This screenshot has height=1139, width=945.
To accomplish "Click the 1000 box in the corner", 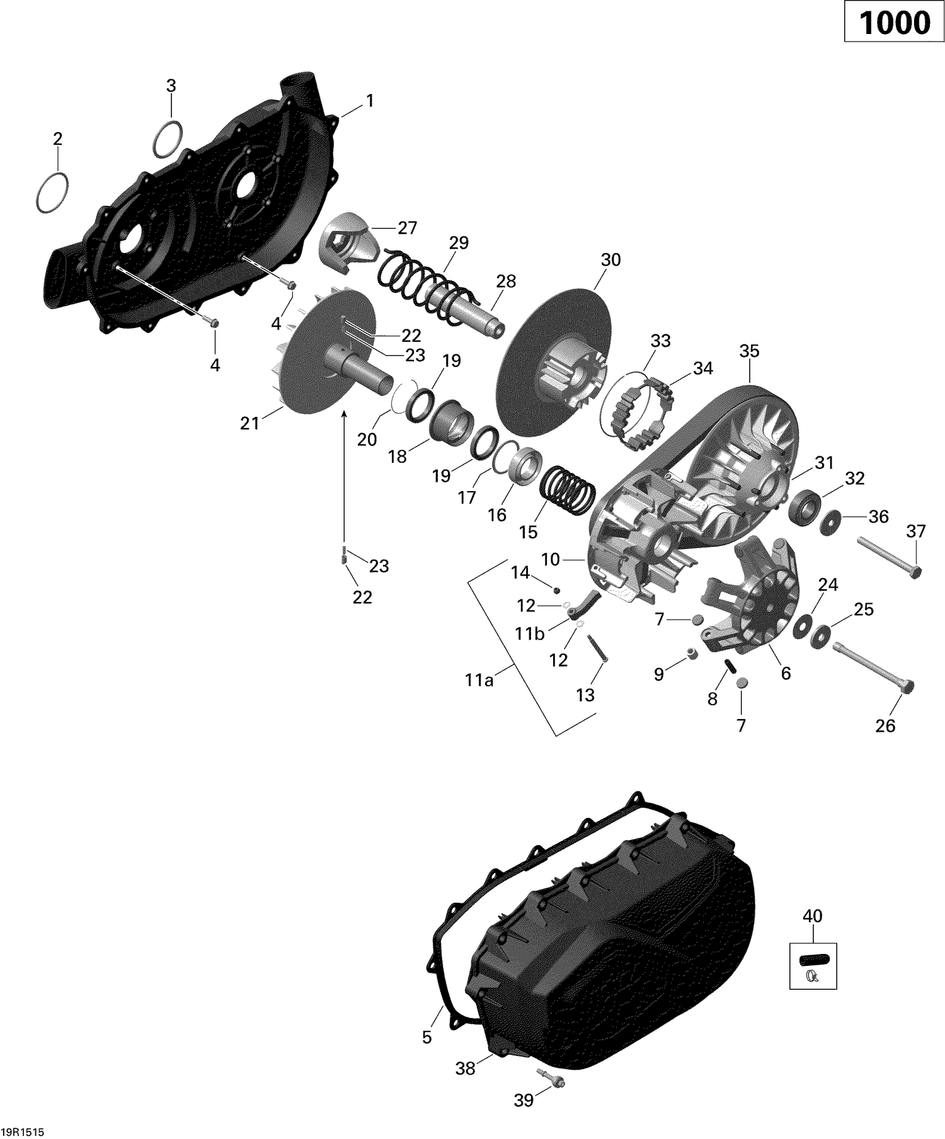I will [x=894, y=23].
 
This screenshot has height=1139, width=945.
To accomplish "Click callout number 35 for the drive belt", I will [x=749, y=351].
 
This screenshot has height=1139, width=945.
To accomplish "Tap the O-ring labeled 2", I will [x=52, y=191].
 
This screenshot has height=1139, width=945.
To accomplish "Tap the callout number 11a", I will [x=479, y=680].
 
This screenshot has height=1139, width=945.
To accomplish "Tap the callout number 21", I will [x=249, y=424].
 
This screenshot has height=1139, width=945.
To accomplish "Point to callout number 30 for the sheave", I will [x=610, y=260].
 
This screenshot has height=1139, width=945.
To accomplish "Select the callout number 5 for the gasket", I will [x=427, y=1037].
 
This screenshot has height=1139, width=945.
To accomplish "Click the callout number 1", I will [x=370, y=100].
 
